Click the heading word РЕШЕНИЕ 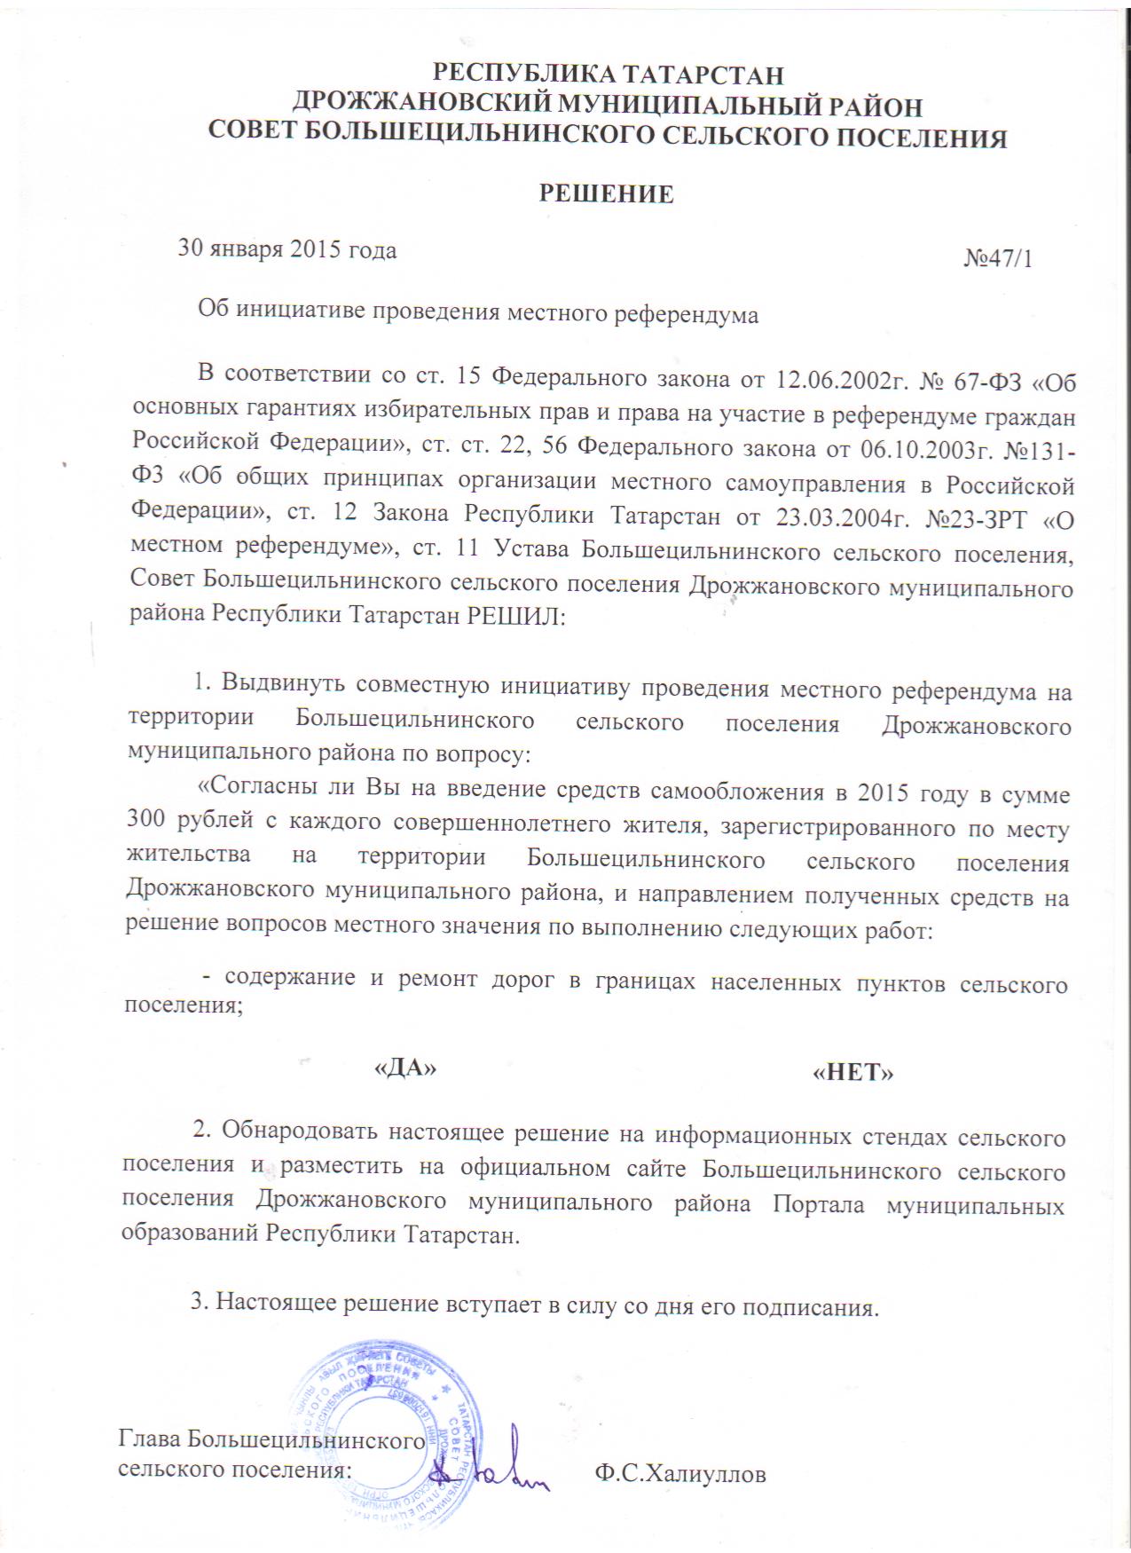click(x=607, y=194)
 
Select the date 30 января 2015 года click(x=287, y=249)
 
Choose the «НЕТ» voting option click(x=852, y=1072)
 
